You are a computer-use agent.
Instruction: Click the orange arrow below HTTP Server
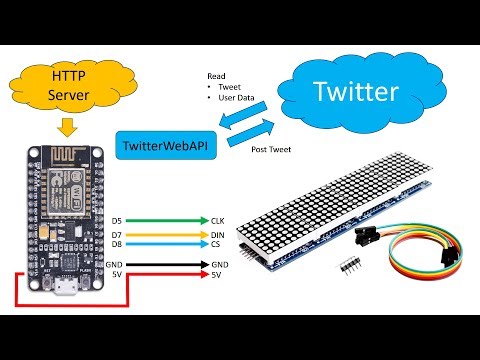tap(67, 127)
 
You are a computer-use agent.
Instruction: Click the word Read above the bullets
tap(216, 76)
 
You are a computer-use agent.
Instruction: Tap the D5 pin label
tap(117, 219)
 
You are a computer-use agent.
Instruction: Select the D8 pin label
tap(117, 243)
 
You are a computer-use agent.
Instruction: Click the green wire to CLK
tap(165, 219)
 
